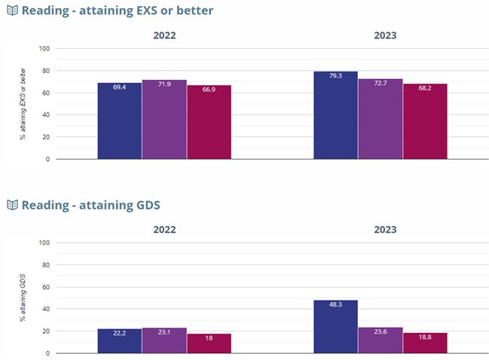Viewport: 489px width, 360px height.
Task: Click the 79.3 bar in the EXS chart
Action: pos(335,115)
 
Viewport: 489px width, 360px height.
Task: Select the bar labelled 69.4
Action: pos(119,121)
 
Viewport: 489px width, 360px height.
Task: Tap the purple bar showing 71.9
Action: pos(164,119)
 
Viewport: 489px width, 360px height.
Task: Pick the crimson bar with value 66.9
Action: pos(209,122)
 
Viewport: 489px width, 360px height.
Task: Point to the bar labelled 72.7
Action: pos(380,119)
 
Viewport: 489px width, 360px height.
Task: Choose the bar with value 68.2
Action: pos(425,121)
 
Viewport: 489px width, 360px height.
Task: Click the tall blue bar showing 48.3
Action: pos(335,326)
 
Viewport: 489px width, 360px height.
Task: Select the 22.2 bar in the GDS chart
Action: pos(119,340)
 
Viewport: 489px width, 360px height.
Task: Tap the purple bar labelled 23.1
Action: pos(164,340)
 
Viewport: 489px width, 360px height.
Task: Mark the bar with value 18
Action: pos(209,343)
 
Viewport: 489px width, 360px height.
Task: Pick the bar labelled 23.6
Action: pos(380,340)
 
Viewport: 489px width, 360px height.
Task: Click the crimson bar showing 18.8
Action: pos(425,343)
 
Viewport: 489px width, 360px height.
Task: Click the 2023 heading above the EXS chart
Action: pos(385,35)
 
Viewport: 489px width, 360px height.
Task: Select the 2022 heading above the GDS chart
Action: pos(164,229)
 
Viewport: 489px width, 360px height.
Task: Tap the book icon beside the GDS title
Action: pos(12,205)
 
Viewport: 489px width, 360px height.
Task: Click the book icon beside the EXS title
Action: pos(12,11)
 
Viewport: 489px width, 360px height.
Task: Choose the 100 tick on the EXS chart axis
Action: pos(44,49)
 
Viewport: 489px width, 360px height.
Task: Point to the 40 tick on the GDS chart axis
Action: pos(45,309)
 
